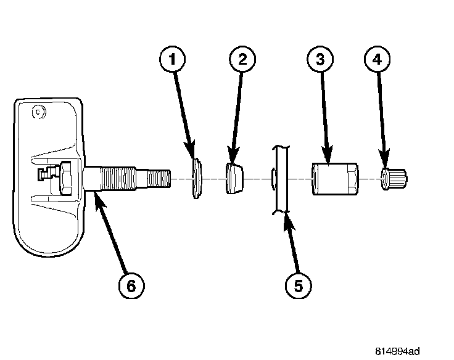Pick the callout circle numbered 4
coord(378,61)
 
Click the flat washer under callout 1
coord(196,179)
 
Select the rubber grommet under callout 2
coord(234,179)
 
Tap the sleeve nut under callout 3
coord(334,179)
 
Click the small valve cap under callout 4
coord(394,179)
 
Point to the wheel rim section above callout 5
coord(281,179)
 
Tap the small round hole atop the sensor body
coord(38,113)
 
